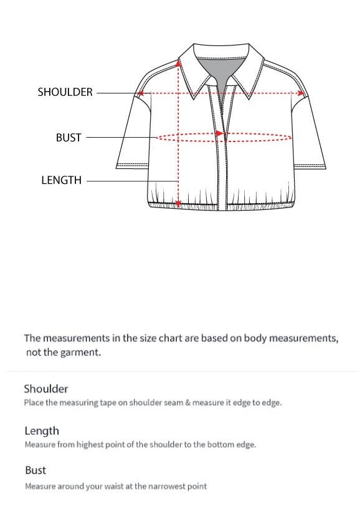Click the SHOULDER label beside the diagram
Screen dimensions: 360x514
(65, 92)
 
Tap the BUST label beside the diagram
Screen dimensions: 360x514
(69, 138)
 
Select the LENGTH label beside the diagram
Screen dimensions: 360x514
(61, 181)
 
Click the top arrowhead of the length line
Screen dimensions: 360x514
(179, 63)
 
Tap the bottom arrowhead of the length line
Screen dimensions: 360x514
(179, 203)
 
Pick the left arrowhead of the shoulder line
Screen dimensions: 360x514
(141, 93)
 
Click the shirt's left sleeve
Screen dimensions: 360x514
(133, 134)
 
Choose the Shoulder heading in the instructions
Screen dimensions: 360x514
(45, 389)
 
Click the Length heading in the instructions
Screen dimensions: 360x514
(42, 431)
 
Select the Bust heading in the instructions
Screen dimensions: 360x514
(36, 470)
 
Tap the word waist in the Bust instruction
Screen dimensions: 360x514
(98, 486)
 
